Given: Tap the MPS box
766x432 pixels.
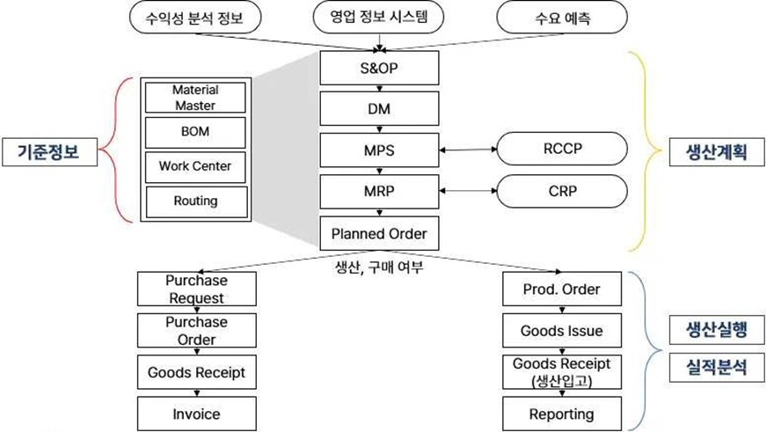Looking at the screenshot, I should click(378, 150).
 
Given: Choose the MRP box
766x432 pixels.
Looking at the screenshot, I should click(378, 192).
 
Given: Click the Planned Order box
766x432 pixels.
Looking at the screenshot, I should click(378, 233).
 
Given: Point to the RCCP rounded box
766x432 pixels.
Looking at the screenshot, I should click(562, 150).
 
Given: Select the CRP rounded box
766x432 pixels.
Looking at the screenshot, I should click(562, 191).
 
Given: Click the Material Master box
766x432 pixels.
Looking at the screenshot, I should click(194, 98).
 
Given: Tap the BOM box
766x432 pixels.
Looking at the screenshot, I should click(194, 132).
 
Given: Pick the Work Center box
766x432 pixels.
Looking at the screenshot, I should click(194, 165).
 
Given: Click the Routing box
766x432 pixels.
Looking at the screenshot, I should click(194, 201).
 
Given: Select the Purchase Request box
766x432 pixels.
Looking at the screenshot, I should click(196, 289).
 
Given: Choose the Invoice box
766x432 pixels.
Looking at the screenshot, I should click(196, 414).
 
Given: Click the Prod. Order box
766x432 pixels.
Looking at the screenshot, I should click(561, 289).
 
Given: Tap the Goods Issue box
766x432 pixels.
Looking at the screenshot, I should click(561, 331).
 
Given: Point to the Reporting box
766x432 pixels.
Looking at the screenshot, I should click(561, 414).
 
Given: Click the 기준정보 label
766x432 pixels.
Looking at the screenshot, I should click(46, 150).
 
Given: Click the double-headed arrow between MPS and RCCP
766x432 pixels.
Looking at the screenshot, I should click(469, 150).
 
